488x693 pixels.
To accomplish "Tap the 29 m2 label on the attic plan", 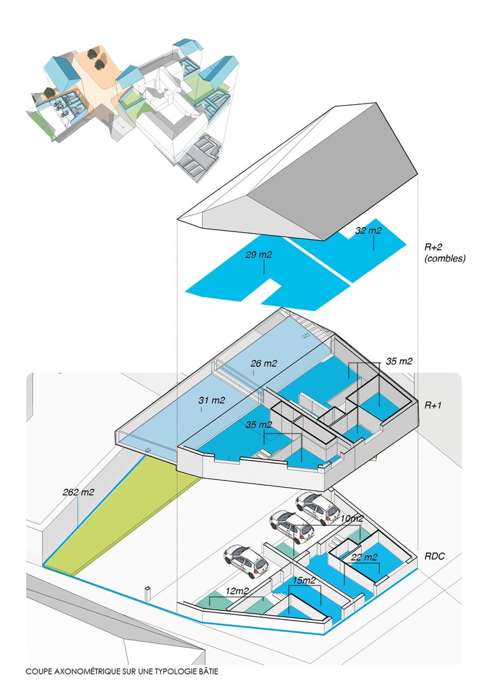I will pyautogui.click(x=259, y=255).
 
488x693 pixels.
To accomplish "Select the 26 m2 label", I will pyautogui.click(x=263, y=364).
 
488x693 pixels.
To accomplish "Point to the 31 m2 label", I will pyautogui.click(x=212, y=401).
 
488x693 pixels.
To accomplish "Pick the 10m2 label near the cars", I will pyautogui.click(x=351, y=518).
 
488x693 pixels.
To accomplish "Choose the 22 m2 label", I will pyautogui.click(x=364, y=558).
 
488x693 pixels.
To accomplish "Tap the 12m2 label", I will pyautogui.click(x=238, y=591).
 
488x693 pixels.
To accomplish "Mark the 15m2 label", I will pyautogui.click(x=303, y=580).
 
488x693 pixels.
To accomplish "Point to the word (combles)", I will pyautogui.click(x=445, y=259).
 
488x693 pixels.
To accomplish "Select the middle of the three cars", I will pyautogui.click(x=291, y=525).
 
